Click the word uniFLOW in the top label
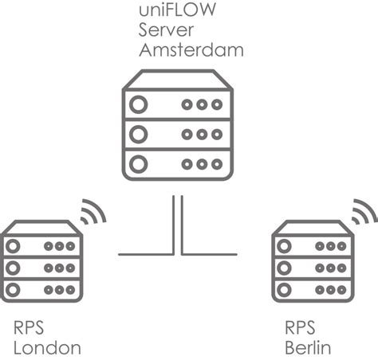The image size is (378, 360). click(x=172, y=11)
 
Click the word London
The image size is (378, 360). click(x=47, y=348)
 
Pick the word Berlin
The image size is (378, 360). click(x=307, y=348)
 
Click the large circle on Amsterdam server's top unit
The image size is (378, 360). click(x=140, y=104)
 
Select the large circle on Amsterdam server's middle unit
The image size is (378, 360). click(x=140, y=134)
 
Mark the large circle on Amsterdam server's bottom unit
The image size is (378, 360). click(x=140, y=164)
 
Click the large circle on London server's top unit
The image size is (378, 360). click(x=12, y=245)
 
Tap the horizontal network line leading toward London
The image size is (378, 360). click(x=144, y=255)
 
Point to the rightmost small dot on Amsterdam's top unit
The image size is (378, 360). click(x=215, y=104)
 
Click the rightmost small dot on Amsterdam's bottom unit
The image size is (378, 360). click(x=215, y=164)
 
